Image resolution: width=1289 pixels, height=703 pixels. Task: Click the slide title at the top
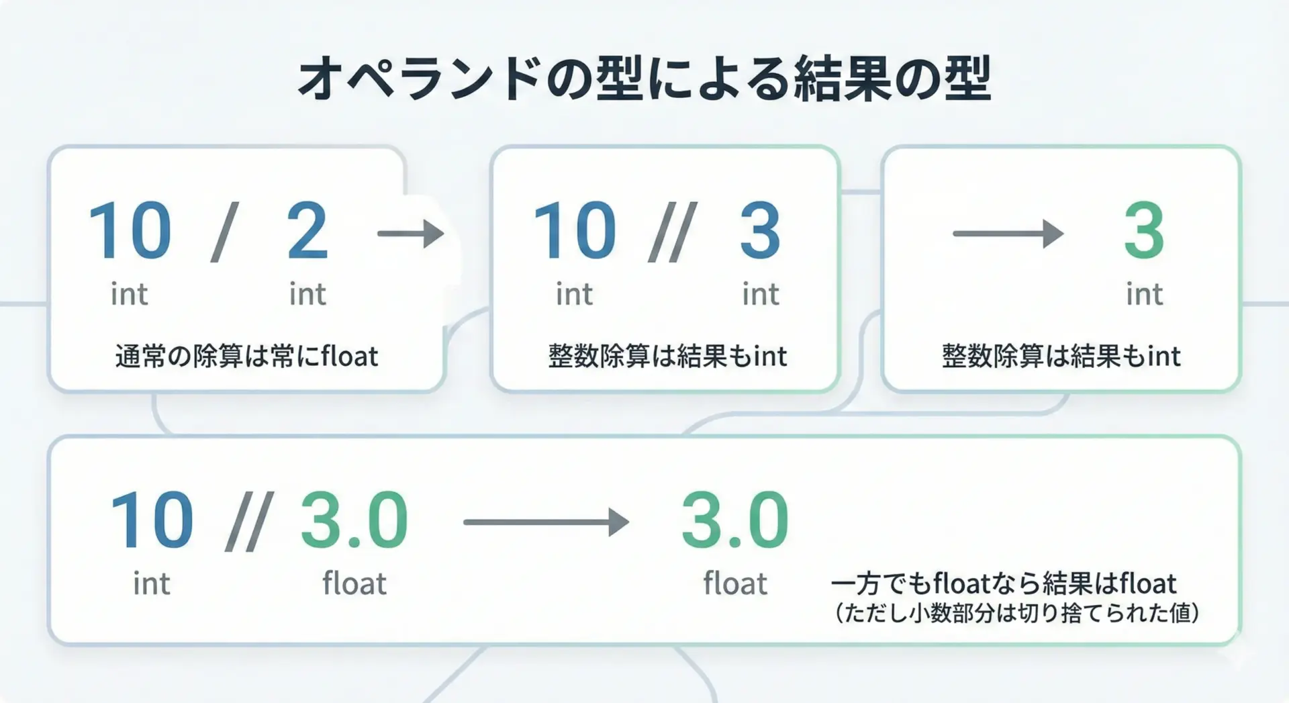(644, 79)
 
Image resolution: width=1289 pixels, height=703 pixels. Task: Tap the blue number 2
(307, 231)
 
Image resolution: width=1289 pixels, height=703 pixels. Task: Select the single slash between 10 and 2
(224, 232)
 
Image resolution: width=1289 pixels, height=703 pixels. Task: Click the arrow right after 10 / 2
(411, 234)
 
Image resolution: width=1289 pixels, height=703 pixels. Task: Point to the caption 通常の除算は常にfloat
(246, 356)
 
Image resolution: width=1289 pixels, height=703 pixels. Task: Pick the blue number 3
(760, 231)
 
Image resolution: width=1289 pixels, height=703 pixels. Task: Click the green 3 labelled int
(1144, 231)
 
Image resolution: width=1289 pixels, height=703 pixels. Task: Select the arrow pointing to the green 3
(1008, 234)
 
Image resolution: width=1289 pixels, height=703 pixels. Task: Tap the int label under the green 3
(1144, 294)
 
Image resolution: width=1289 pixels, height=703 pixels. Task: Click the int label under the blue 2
(307, 294)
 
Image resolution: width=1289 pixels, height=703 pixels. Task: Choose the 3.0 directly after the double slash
(354, 520)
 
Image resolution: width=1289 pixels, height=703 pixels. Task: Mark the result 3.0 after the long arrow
(735, 520)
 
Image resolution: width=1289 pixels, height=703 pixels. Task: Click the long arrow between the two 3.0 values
(546, 522)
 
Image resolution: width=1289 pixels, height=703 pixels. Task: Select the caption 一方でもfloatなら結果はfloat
(1004, 583)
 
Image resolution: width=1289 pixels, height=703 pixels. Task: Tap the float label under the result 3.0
(735, 583)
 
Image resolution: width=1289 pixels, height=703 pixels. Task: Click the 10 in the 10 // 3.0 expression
(152, 520)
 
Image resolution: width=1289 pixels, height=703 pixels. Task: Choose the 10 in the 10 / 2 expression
(130, 231)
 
